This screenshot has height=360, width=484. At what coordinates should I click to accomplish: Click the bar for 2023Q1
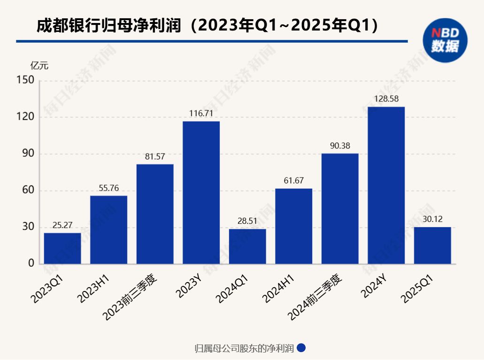[62, 248]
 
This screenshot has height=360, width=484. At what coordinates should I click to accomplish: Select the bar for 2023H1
[108, 230]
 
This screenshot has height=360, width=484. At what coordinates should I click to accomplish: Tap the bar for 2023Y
[201, 192]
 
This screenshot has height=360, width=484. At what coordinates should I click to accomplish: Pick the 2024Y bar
[386, 185]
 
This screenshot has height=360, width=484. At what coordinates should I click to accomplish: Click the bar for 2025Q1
[432, 245]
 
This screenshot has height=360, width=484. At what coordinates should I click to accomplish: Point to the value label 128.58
[386, 99]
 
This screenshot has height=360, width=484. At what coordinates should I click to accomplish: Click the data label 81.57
[155, 157]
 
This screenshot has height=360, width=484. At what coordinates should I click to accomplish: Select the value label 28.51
[247, 221]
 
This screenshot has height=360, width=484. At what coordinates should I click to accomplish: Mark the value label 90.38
[340, 146]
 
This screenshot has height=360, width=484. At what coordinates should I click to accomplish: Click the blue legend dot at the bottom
[302, 348]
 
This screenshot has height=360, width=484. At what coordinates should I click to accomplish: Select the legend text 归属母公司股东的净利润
[244, 348]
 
